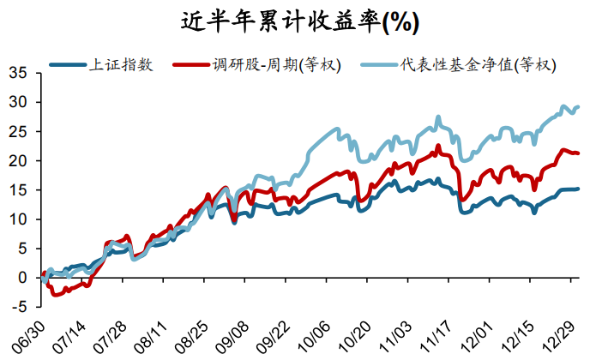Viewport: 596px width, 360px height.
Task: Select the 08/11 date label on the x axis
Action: [x=151, y=336]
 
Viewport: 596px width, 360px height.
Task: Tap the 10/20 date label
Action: [x=354, y=336]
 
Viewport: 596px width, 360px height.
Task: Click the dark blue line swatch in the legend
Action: [x=67, y=64]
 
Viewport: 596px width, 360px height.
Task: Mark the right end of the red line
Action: [x=578, y=153]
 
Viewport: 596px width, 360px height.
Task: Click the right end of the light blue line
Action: [x=578, y=107]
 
